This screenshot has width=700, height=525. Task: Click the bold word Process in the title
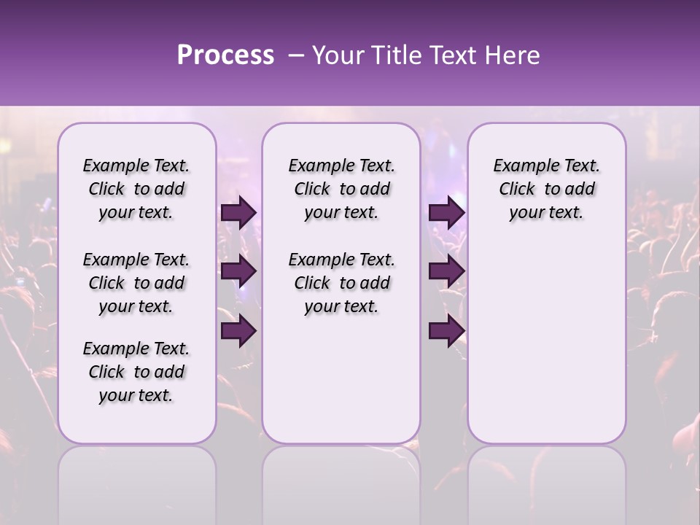point(225,55)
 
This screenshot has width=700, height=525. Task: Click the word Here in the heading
point(513,55)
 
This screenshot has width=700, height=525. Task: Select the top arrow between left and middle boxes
point(238,212)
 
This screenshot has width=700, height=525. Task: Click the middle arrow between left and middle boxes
point(238,271)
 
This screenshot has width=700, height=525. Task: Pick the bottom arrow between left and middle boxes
point(238,331)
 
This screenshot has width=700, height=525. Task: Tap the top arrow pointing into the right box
point(446,212)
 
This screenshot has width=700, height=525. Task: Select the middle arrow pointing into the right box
point(446,271)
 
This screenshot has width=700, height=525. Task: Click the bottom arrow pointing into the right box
point(446,331)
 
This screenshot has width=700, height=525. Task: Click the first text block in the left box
point(136,189)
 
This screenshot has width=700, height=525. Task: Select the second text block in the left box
point(136,283)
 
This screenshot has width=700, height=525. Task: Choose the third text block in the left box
point(136,372)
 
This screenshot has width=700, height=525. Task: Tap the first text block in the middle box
point(341,189)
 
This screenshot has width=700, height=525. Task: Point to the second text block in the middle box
point(341,283)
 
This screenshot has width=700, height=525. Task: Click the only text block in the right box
point(546,189)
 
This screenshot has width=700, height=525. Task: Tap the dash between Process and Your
point(296,55)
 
